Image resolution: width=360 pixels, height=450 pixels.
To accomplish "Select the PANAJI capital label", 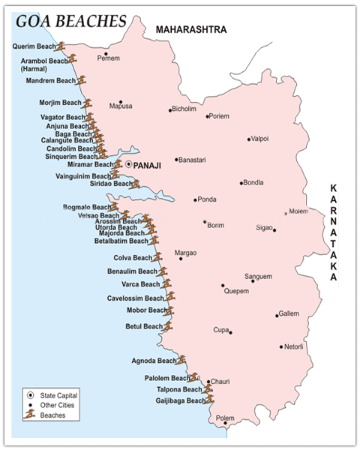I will [x=151, y=163].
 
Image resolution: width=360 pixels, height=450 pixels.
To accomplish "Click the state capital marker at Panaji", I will [x=129, y=163].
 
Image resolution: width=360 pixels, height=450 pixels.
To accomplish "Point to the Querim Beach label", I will [x=34, y=46].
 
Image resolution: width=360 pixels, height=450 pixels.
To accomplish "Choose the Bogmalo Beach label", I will [x=85, y=206].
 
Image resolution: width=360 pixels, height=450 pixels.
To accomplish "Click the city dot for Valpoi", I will [x=249, y=139].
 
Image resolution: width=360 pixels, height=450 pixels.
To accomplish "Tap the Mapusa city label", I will [x=121, y=106].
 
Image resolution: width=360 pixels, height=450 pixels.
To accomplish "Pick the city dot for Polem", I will [x=225, y=424].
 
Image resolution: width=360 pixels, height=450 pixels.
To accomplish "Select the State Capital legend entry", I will [x=58, y=394].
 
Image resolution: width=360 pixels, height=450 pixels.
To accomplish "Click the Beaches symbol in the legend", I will [x=29, y=414].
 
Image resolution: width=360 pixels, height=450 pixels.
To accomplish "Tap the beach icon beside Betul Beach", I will [x=168, y=326].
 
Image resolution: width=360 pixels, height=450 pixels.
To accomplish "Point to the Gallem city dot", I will [x=277, y=316].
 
